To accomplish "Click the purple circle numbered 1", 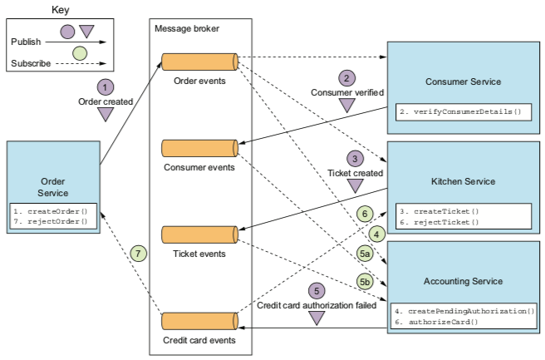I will point(105,86).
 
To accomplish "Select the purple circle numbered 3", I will point(355,158).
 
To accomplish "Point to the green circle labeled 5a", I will point(365,252).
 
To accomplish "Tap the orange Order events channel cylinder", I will point(199,61).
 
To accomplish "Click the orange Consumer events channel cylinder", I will point(199,148).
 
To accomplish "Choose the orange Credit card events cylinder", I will point(199,321).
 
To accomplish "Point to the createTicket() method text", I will point(439,211).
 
